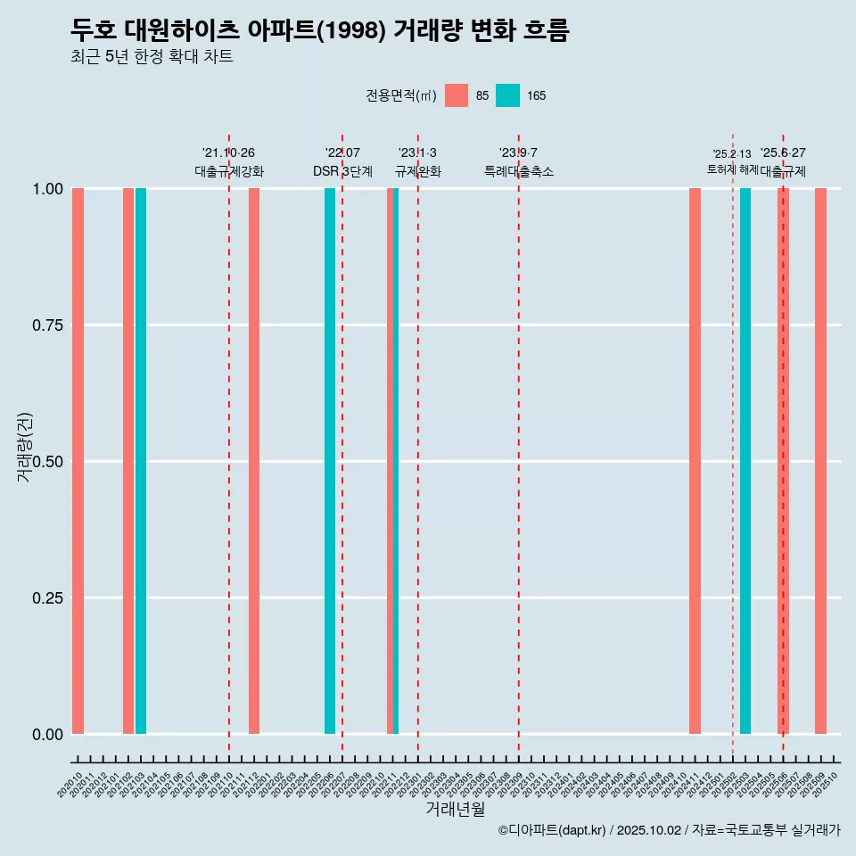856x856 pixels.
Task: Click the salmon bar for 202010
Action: click(78, 461)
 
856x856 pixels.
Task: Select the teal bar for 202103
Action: click(141, 461)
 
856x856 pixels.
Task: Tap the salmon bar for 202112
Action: click(254, 461)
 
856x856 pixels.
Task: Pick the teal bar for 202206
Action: click(330, 461)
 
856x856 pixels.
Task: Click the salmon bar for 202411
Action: click(695, 461)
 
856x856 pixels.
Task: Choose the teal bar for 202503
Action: click(745, 461)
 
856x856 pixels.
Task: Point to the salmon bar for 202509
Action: click(820, 461)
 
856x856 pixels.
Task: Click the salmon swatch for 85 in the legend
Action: click(457, 95)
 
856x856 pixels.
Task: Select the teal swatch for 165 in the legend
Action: click(507, 95)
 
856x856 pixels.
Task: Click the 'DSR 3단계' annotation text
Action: click(342, 171)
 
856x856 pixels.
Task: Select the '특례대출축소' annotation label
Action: click(519, 171)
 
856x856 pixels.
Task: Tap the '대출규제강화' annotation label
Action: click(229, 171)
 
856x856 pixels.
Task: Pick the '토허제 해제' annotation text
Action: click(732, 169)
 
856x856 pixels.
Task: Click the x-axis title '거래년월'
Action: click(455, 810)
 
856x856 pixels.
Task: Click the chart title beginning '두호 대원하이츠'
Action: click(319, 31)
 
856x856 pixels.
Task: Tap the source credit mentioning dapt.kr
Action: click(669, 830)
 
